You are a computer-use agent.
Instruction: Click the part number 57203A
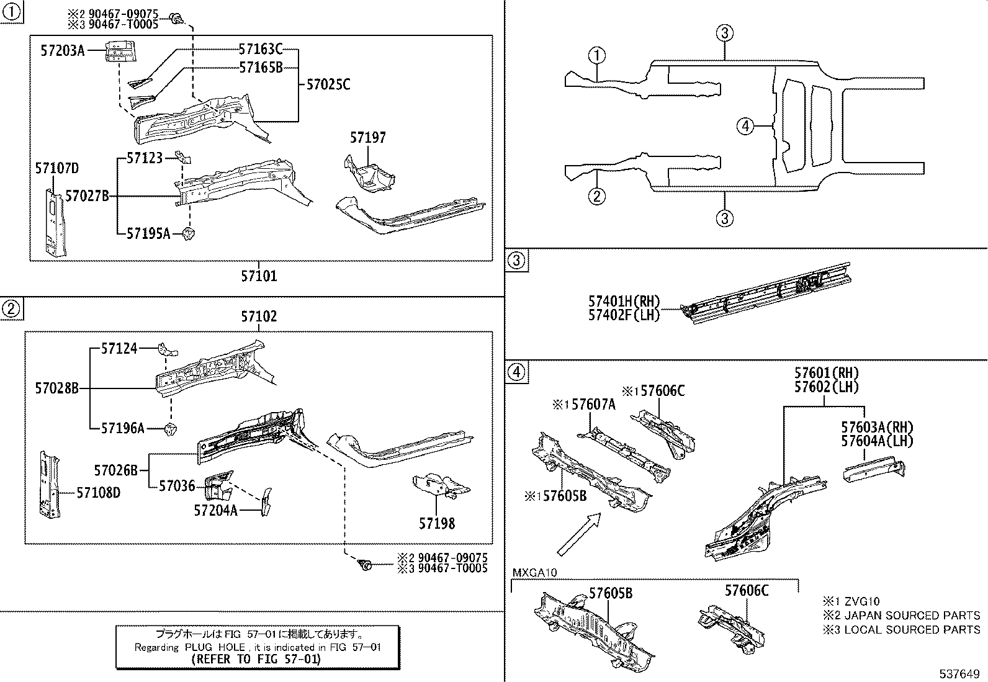point(62,52)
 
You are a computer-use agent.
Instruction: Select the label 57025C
point(328,84)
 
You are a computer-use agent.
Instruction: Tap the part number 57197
point(367,138)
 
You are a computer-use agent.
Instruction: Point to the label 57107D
point(56,169)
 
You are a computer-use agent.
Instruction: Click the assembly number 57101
point(259,276)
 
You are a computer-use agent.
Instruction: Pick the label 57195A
point(148,233)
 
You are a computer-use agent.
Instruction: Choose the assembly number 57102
point(259,317)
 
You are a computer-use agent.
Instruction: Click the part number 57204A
point(215,510)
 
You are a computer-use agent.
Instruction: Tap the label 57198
point(436,523)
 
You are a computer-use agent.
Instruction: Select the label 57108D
point(99,493)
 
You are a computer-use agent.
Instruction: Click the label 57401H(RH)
point(624,302)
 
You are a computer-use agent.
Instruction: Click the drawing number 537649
point(961,673)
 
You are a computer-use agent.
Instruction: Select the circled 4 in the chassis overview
point(745,127)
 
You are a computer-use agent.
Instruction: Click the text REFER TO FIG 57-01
point(256,659)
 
